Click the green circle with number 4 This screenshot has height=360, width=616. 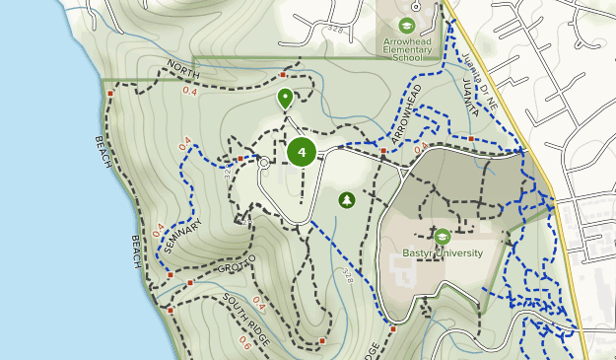click(302, 152)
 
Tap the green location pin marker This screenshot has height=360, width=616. click(285, 98)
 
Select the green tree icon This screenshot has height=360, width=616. click(347, 200)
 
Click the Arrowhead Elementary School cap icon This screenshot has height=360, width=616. click(405, 26)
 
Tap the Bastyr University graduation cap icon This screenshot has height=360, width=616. click(442, 237)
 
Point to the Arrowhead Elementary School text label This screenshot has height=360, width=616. click(406, 50)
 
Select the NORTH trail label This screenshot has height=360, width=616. click(183, 69)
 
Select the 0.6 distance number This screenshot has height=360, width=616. click(244, 341)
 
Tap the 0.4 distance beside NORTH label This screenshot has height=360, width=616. click(189, 92)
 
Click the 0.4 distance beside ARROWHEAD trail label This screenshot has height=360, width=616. click(421, 149)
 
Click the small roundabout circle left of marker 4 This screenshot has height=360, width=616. click(264, 164)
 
